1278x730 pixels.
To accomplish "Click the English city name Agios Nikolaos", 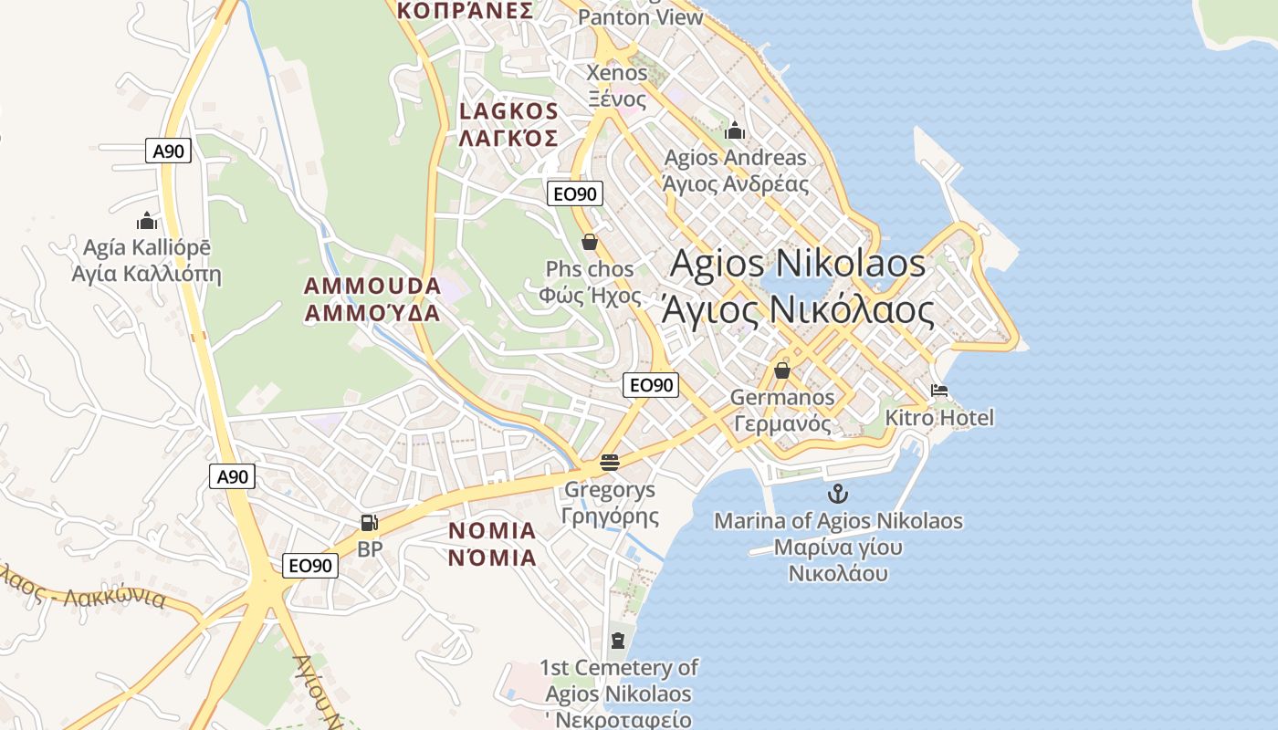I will coord(798,264).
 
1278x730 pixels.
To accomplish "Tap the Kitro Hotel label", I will coord(939,418).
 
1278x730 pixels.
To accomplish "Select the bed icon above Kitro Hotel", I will coord(939,391).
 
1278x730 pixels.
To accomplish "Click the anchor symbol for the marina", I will coord(837,495).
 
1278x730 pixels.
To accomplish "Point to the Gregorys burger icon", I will coord(610,463).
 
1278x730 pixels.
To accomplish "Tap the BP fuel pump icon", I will coord(369,523).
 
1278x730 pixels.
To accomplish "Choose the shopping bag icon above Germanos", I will coord(781,370).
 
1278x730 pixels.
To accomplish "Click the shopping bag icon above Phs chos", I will coord(590,243).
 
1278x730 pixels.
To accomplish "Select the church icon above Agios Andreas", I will coord(735,131).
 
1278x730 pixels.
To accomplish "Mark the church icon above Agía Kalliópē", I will coord(146,221).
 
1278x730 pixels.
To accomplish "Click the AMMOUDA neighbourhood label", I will coord(372,287).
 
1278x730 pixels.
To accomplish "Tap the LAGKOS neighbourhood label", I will coord(508,111).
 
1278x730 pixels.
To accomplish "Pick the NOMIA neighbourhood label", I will coord(492,531).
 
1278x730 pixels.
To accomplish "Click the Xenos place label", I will coord(617,73).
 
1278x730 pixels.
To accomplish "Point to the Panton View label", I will coord(641,17).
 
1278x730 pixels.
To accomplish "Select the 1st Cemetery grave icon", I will coord(618,641).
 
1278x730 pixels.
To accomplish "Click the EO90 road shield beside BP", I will coord(310,566).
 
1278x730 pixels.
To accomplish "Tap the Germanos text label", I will coord(782,398).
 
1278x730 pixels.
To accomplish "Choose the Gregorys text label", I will coord(610,490).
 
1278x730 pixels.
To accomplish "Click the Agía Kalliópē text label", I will coord(146,248).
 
